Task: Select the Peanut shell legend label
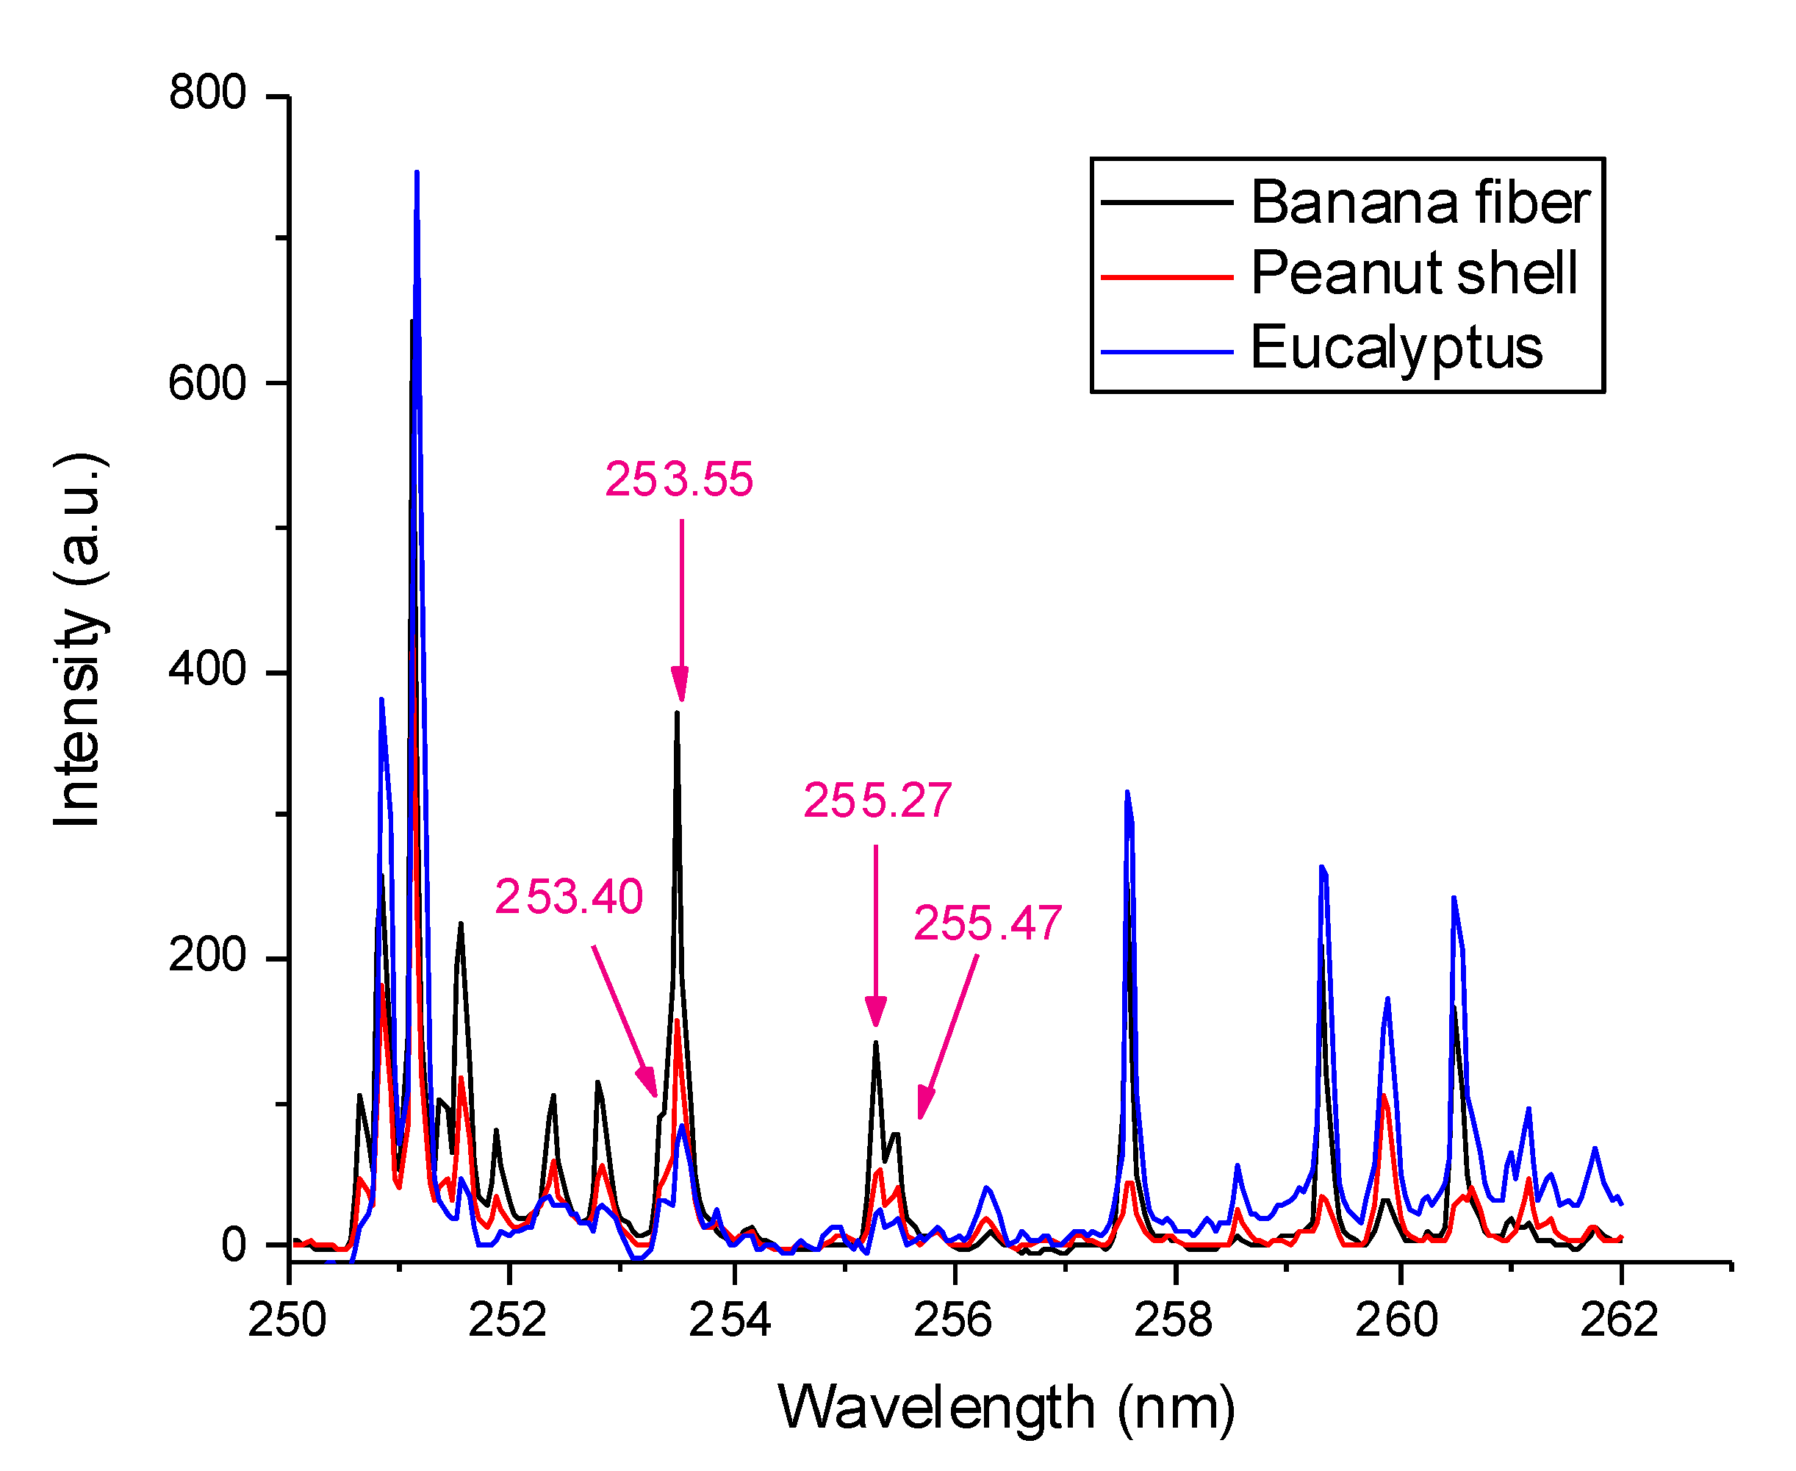pos(1413,273)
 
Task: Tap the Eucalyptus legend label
pos(1396,348)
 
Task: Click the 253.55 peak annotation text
pos(678,479)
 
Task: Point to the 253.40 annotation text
pos(569,897)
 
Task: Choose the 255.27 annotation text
pos(877,801)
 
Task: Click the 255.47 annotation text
pos(987,923)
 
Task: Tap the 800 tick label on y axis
pos(206,93)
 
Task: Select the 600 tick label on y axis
pos(206,383)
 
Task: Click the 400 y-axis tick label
pos(206,670)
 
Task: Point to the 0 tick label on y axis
pos(234,1245)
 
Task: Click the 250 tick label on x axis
pos(287,1320)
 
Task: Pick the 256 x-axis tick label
pos(952,1320)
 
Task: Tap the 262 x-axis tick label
pos(1618,1320)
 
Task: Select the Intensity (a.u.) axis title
pos(78,640)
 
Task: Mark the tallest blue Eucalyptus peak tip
pos(417,173)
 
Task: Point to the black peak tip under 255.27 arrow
pos(876,1042)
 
